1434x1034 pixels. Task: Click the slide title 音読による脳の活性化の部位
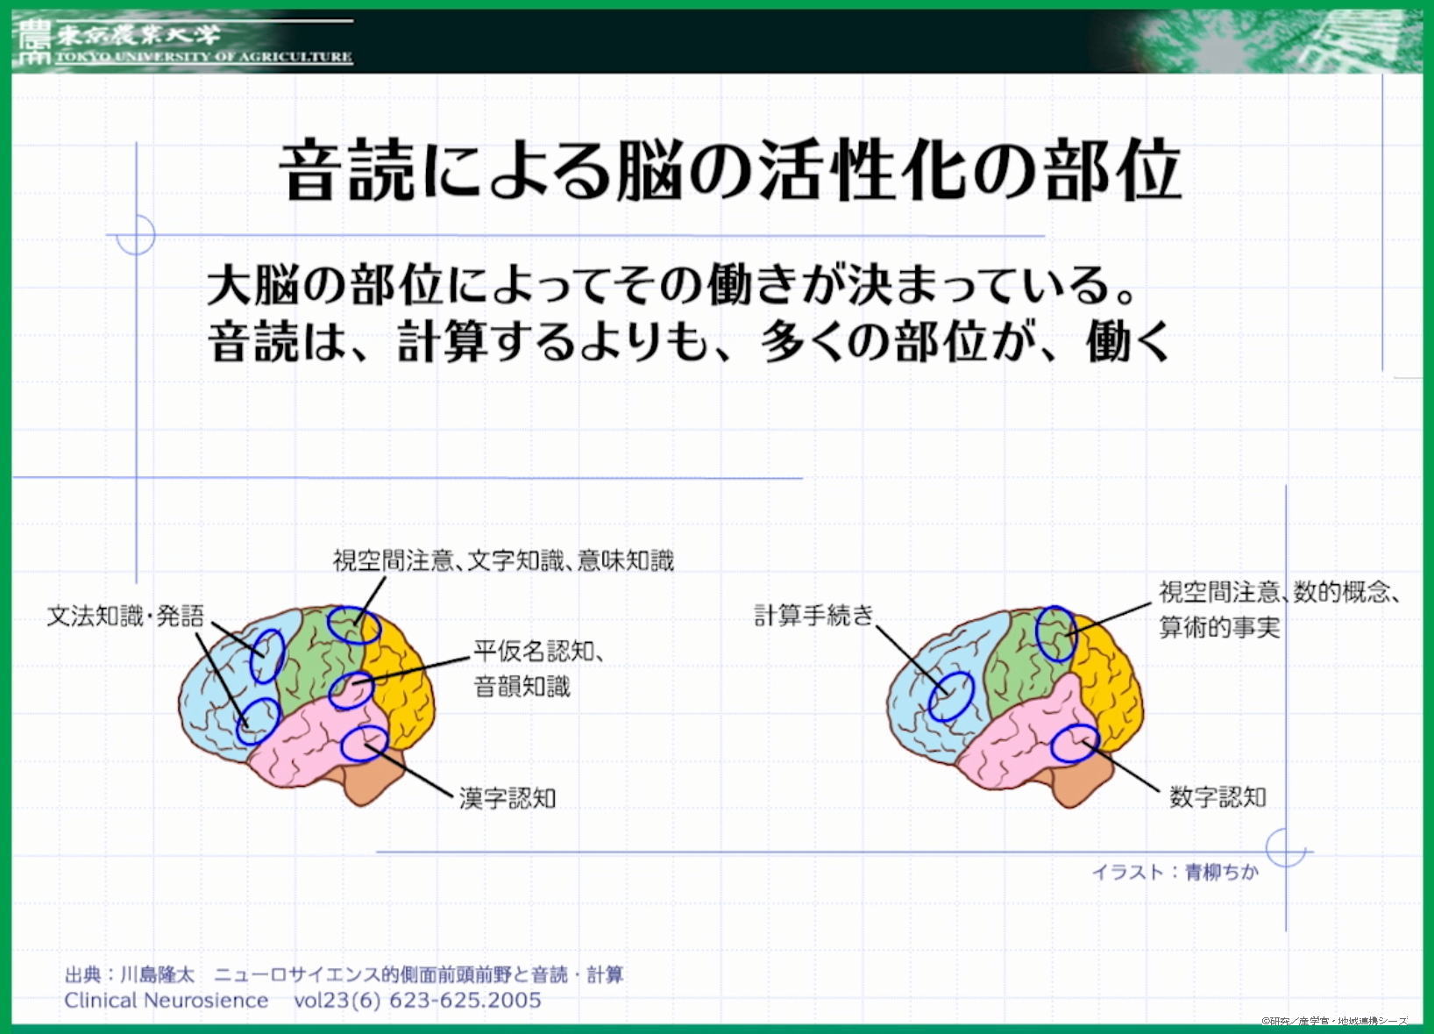[730, 171]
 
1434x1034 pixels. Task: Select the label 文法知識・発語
[126, 617]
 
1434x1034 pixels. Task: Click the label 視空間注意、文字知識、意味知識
[503, 561]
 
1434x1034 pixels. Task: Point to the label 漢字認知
[508, 798]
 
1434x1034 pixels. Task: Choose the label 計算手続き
[813, 616]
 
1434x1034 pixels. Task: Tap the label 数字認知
[1218, 797]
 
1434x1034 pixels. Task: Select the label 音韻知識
[522, 687]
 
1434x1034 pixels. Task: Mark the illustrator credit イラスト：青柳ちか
[1175, 872]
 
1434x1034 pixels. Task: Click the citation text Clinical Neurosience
[167, 1000]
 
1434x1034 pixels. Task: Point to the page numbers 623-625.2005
[465, 1000]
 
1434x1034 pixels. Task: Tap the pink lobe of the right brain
[1018, 743]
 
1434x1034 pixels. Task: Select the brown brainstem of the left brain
[374, 779]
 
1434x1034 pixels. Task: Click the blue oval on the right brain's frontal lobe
[951, 697]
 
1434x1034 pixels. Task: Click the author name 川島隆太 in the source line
[158, 975]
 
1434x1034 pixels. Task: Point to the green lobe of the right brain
[1025, 667]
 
